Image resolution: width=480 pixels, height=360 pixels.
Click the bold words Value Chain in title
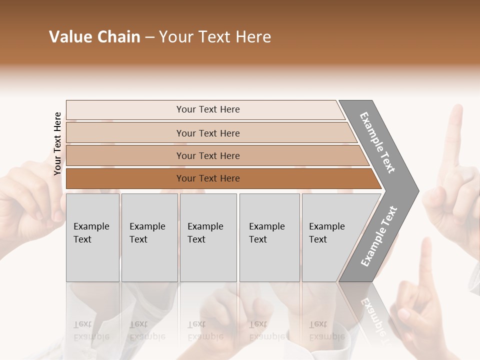94,37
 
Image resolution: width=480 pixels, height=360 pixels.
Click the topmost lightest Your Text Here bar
207,109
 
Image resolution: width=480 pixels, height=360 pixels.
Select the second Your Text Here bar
207,133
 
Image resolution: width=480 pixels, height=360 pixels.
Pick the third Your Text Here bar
207,155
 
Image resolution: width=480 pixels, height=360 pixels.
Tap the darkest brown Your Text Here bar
207,178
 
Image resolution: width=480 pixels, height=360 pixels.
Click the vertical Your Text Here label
57,143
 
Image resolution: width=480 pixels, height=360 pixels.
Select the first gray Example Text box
92,237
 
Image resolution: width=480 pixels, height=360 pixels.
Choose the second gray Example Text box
149,237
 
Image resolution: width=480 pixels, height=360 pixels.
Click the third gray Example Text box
208,237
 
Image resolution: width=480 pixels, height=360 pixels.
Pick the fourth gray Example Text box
269,237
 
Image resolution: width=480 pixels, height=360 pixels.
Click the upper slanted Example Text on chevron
377,142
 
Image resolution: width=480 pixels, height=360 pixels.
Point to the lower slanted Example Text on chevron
379,236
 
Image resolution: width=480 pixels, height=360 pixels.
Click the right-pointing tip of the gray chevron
416,190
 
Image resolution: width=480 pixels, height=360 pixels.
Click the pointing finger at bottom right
425,265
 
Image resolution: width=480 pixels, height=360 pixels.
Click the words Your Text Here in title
215,37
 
